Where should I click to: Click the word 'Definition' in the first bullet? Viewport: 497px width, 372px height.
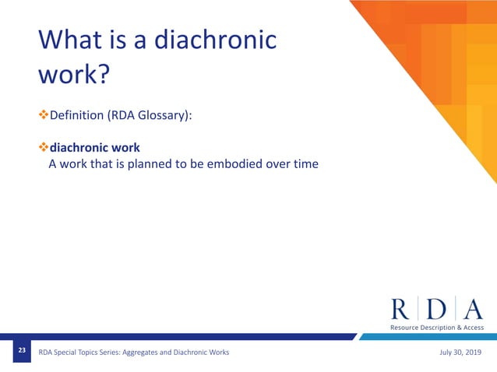pos(81,115)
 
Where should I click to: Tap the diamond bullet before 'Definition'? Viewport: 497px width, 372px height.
pos(44,115)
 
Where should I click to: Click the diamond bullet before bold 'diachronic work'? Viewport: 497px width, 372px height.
pos(44,147)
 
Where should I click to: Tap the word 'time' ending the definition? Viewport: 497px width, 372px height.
pos(305,164)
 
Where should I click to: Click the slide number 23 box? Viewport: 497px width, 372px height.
pos(23,353)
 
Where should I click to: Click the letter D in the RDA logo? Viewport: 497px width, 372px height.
pos(437,308)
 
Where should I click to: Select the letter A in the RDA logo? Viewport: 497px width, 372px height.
pos(473,308)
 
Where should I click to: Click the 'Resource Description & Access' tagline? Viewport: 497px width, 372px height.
pos(437,328)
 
